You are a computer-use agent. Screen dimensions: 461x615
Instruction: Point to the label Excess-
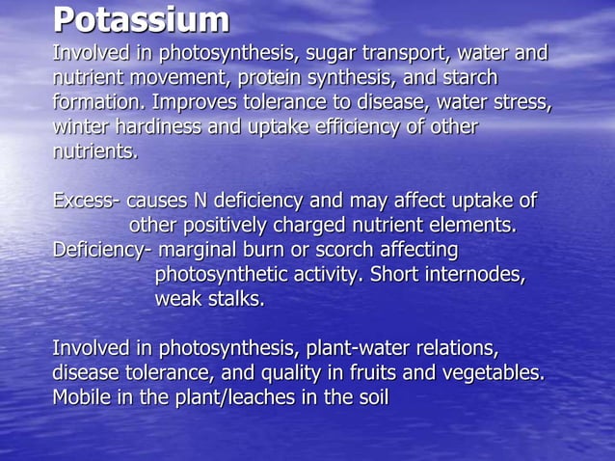87,202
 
